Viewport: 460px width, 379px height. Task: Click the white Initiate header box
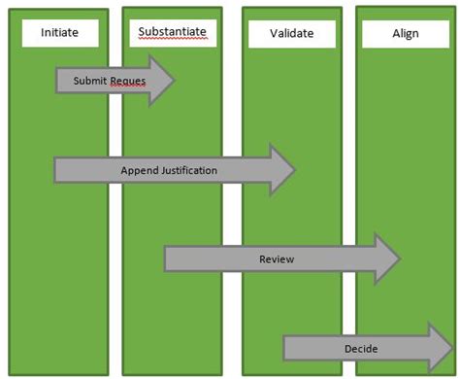[x=59, y=33]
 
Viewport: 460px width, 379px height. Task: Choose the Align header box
[x=405, y=34]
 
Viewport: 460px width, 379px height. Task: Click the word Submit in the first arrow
[x=90, y=82]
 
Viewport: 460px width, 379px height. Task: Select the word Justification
[x=188, y=171]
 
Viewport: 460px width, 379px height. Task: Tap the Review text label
[x=276, y=259]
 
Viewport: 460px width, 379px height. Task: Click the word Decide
[x=360, y=349]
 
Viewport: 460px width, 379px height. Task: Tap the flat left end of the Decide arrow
[x=286, y=348]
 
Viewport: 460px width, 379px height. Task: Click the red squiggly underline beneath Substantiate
[x=173, y=40]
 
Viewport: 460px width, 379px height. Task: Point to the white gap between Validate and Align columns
[x=349, y=194]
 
